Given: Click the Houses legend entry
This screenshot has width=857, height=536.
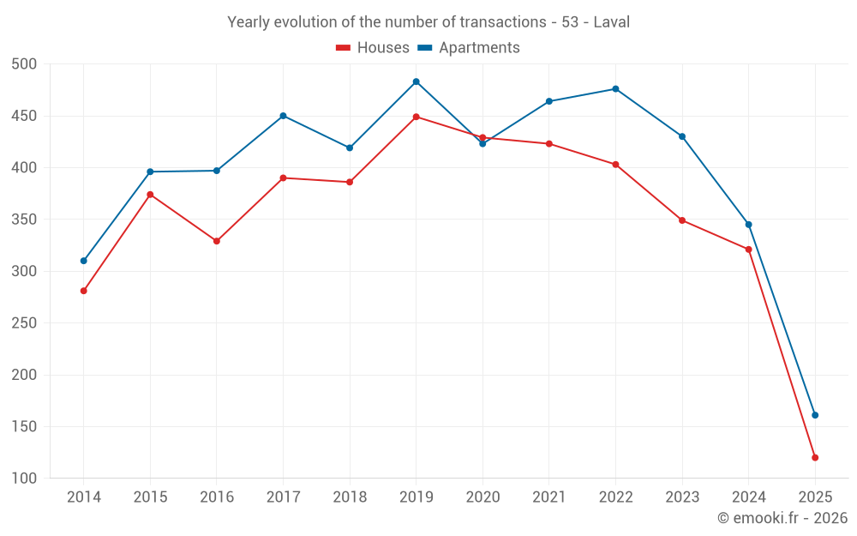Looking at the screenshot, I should (x=373, y=48).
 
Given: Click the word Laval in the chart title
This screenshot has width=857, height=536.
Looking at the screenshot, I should (x=612, y=22).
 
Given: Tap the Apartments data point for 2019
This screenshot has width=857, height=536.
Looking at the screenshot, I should (x=416, y=81).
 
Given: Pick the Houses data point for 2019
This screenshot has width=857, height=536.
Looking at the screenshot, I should (x=416, y=117).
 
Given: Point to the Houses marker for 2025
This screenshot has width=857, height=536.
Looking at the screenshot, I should (x=815, y=457).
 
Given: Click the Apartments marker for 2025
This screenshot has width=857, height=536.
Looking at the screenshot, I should (x=815, y=415).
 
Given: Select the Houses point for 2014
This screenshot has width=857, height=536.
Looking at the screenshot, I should (x=83, y=291).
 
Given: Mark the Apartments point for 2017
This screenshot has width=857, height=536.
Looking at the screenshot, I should (x=283, y=116).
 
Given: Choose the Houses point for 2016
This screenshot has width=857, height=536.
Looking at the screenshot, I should (x=217, y=241).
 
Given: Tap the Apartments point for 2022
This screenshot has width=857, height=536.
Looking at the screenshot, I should (x=615, y=89).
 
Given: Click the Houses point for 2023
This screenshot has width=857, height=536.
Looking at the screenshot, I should (x=682, y=220).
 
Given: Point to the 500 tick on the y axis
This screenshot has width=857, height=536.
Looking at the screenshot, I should (x=25, y=64).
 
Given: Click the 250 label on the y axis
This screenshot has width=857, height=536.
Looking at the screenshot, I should (x=25, y=323).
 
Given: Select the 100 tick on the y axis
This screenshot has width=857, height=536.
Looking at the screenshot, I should (x=25, y=479).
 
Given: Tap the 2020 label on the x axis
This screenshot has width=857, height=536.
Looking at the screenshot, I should (x=482, y=497).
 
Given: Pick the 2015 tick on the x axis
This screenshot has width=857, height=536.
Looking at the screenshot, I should (x=150, y=497).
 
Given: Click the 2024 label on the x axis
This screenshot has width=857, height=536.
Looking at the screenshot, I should (x=748, y=497).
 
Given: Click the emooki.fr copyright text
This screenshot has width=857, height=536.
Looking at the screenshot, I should (x=782, y=518).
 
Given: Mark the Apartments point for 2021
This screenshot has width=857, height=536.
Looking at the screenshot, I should (x=549, y=101).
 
